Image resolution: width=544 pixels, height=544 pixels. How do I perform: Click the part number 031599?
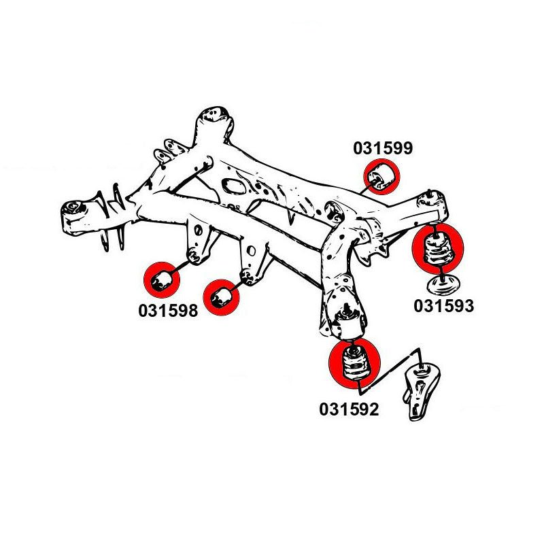382,148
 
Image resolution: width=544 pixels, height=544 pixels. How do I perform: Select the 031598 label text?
168,311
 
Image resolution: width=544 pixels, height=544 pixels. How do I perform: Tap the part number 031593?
443,306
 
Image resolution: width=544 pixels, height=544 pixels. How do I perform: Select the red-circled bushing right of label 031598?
222,297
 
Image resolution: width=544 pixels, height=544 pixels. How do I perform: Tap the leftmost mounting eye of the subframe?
73,207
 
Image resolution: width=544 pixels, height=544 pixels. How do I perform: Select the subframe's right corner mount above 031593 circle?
434,203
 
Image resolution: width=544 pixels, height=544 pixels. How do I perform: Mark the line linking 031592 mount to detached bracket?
391,364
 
